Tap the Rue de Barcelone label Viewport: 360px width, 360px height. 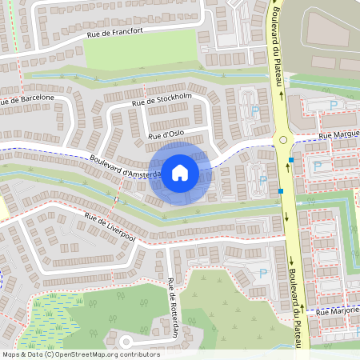27,99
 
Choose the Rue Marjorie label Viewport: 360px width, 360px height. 338,310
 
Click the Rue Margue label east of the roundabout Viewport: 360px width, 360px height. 338,135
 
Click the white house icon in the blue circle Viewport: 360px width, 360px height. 180,172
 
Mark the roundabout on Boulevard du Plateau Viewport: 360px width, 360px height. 282,142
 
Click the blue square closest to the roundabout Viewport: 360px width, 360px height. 292,160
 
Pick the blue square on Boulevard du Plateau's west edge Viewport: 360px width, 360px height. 281,191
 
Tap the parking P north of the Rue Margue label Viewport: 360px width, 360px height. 334,105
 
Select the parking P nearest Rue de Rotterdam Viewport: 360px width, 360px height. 262,273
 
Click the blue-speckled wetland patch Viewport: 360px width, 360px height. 50,320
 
